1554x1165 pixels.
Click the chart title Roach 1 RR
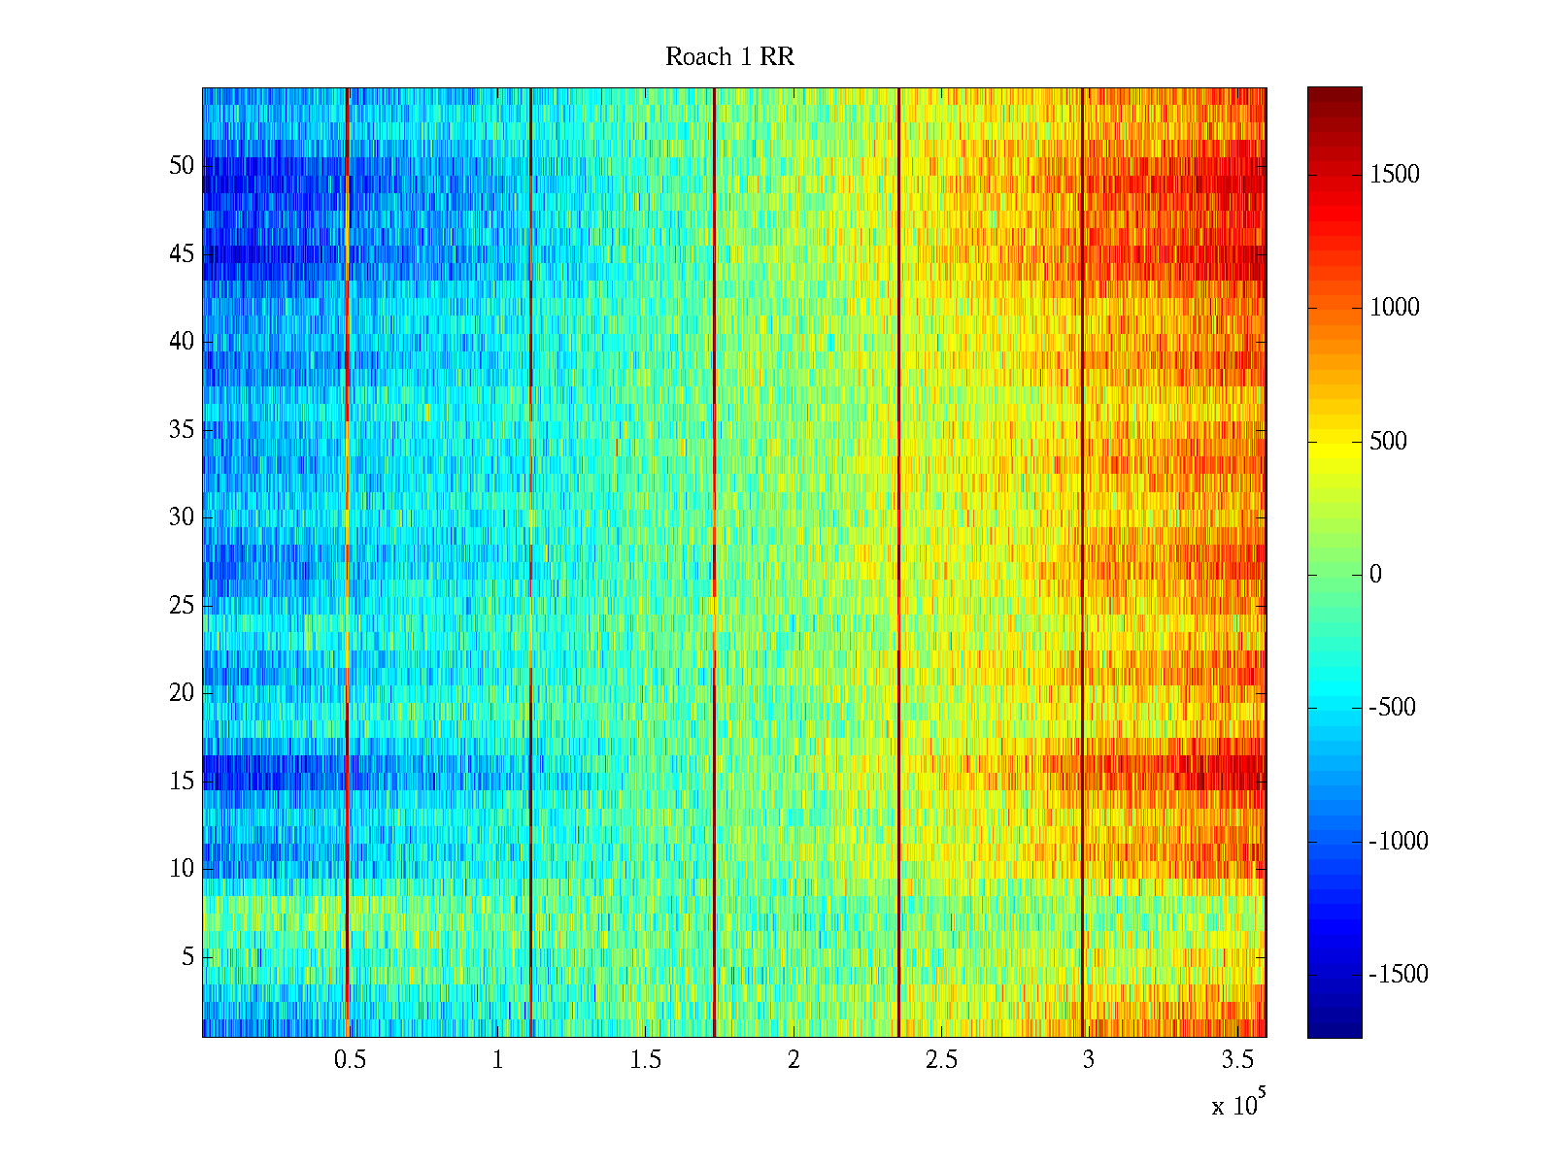pyautogui.click(x=729, y=57)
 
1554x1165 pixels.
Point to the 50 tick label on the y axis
pyautogui.click(x=182, y=166)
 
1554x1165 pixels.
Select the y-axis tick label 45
pyautogui.click(x=182, y=254)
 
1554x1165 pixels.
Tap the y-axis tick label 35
pyautogui.click(x=182, y=429)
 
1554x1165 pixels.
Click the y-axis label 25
pyautogui.click(x=182, y=606)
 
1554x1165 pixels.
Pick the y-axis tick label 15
pyautogui.click(x=182, y=781)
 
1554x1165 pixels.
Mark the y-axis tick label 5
pyautogui.click(x=187, y=957)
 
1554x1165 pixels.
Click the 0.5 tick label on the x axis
pyautogui.click(x=350, y=1060)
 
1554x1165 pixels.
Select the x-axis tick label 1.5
pyautogui.click(x=645, y=1060)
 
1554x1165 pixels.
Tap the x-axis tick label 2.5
pyautogui.click(x=940, y=1060)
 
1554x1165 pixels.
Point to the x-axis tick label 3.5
pyautogui.click(x=1236, y=1060)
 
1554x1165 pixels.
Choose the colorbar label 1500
pyautogui.click(x=1395, y=175)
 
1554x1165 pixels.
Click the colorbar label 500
pyautogui.click(x=1388, y=442)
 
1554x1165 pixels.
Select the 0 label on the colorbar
pyautogui.click(x=1375, y=575)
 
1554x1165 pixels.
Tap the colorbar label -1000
pyautogui.click(x=1399, y=842)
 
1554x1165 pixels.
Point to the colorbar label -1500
pyautogui.click(x=1399, y=975)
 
